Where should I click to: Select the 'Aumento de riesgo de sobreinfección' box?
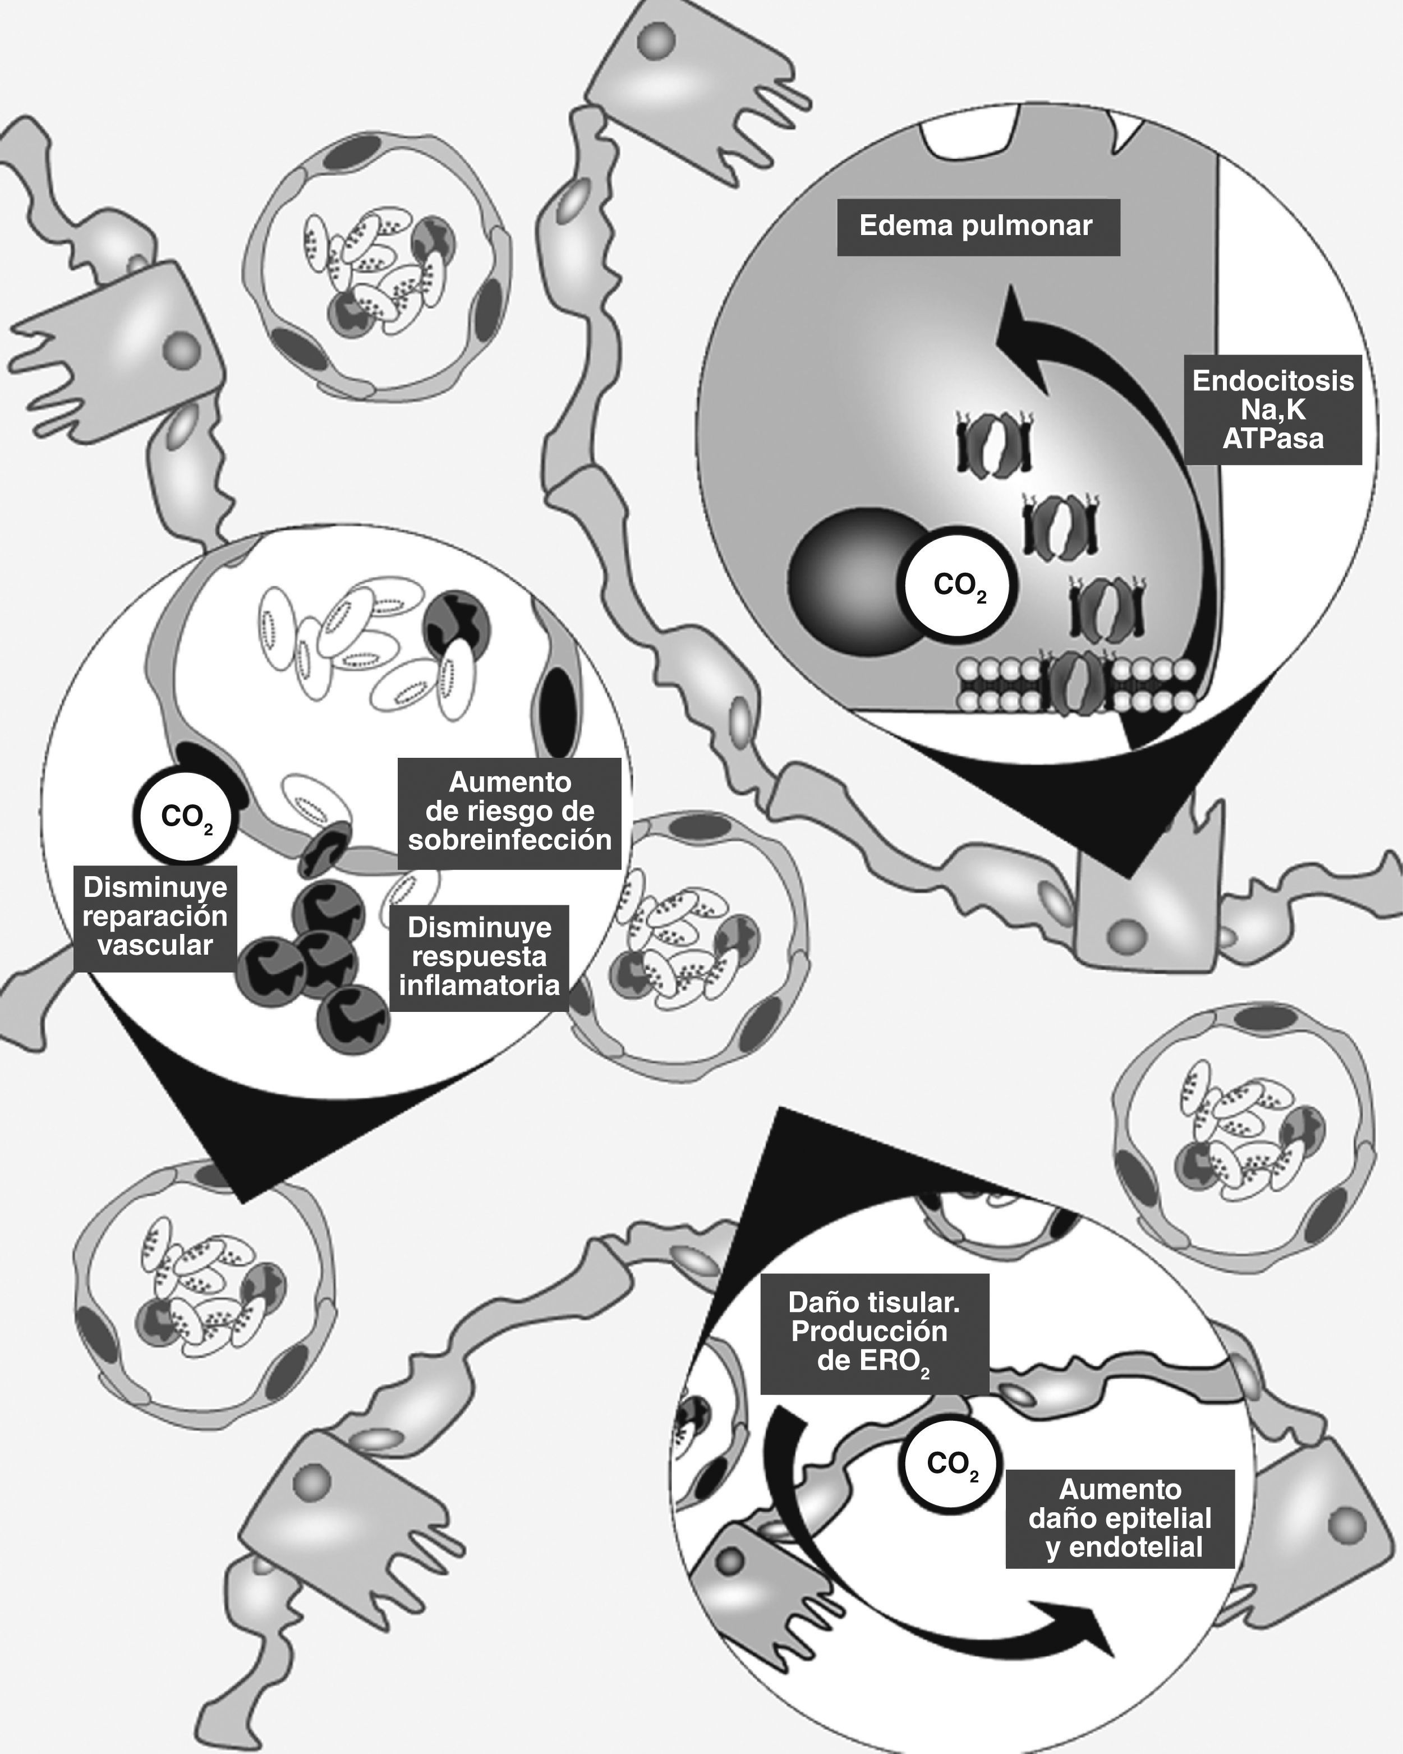click(x=509, y=812)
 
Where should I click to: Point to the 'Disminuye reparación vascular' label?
click(x=155, y=917)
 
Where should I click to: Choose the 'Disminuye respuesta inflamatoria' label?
click(x=479, y=957)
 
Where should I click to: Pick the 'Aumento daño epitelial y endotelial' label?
click(x=1120, y=1518)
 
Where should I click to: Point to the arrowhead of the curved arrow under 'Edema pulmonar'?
click(x=1017, y=325)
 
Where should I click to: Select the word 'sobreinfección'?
click(x=509, y=840)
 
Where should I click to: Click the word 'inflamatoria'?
click(x=479, y=986)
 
